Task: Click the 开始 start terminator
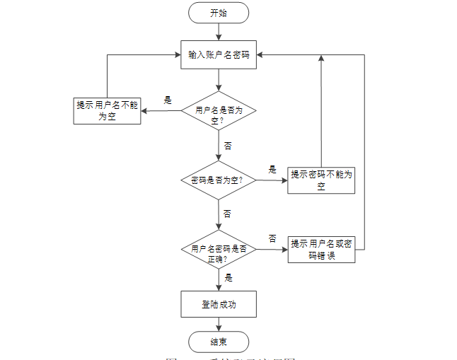click(x=219, y=13)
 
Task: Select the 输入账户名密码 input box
click(x=219, y=54)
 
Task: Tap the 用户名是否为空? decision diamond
click(x=219, y=112)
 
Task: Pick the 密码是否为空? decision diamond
click(x=219, y=180)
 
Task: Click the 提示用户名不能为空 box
click(x=108, y=110)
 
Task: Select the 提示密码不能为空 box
click(x=321, y=180)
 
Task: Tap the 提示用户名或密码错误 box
click(x=321, y=249)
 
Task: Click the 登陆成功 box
click(x=219, y=304)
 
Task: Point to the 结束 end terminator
click(x=219, y=342)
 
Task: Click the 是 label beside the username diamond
click(x=168, y=100)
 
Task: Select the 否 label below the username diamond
click(x=227, y=146)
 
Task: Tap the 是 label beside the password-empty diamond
click(x=272, y=170)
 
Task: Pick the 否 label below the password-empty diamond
click(x=227, y=214)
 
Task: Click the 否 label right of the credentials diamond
click(x=272, y=238)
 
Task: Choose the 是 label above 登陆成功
click(x=228, y=278)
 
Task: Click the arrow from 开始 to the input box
click(x=219, y=32)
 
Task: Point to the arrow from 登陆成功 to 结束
click(x=219, y=325)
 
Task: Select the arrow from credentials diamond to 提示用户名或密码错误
click(x=272, y=249)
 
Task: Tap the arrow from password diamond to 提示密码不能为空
click(x=272, y=180)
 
